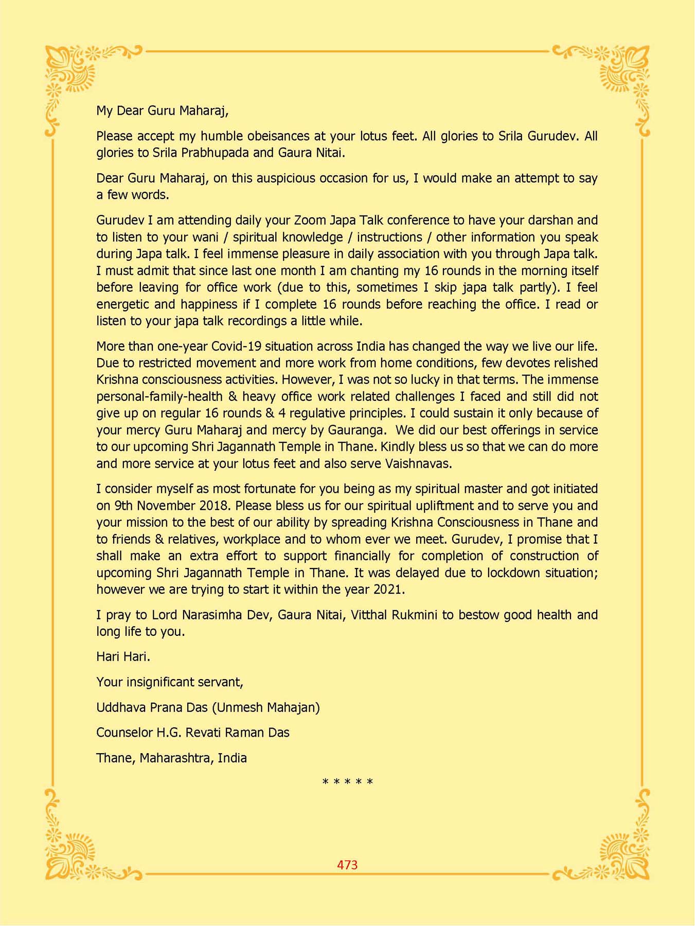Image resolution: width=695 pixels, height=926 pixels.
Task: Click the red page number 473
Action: click(x=347, y=865)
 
